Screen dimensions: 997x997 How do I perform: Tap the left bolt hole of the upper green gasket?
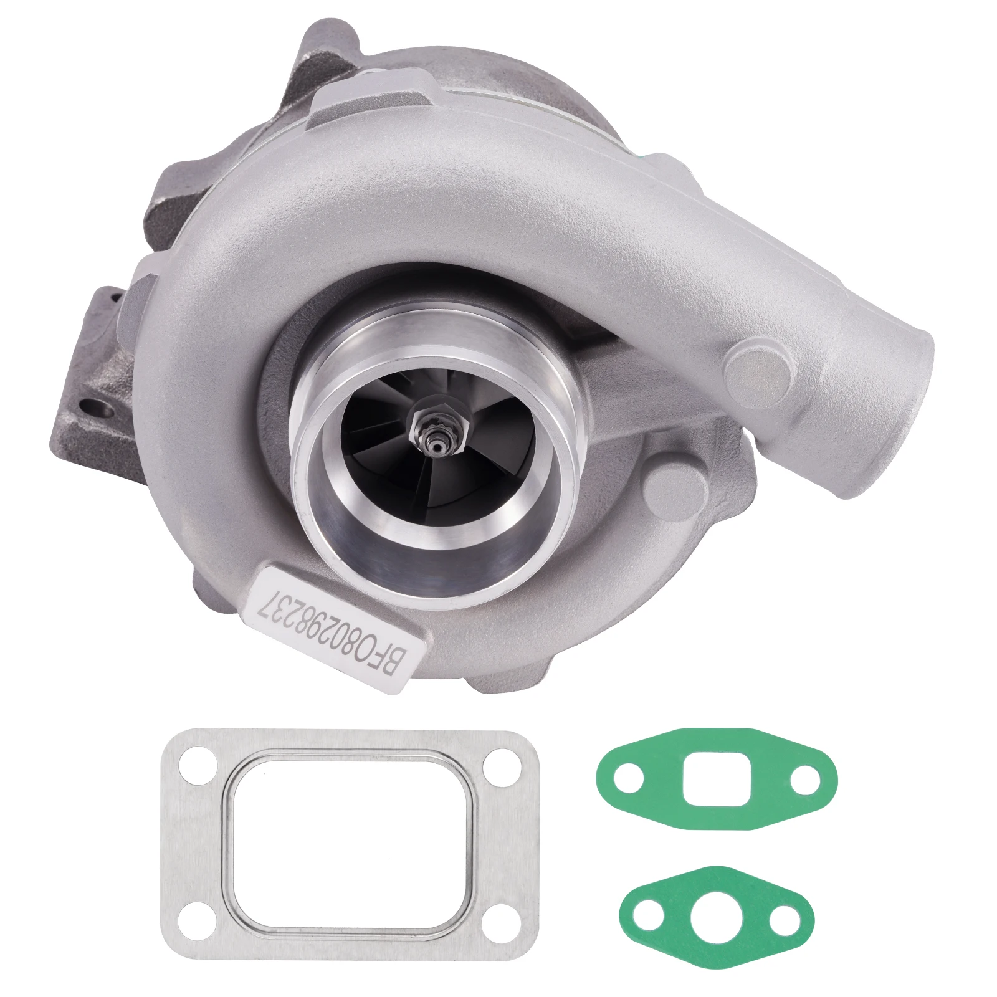(x=627, y=779)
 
